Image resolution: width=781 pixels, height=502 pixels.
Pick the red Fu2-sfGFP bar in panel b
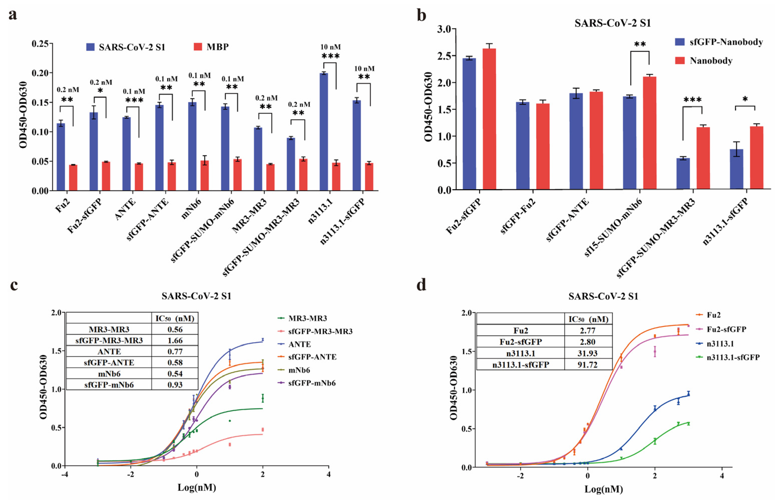489,119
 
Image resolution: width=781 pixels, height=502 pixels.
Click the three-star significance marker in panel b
692,100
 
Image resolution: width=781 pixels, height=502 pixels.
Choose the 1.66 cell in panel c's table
175,340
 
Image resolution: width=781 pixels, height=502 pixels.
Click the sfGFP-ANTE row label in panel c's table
109,362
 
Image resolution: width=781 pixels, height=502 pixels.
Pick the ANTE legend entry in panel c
299,344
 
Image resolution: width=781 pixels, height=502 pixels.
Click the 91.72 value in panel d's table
588,364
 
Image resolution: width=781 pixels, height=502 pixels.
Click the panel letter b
422,15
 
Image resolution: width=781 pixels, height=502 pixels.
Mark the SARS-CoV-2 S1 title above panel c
197,296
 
